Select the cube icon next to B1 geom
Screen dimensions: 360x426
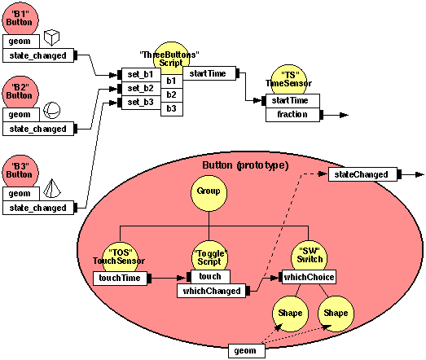51,37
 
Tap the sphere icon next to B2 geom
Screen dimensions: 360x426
51,110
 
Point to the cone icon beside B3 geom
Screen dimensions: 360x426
51,188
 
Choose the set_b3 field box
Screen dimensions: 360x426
139,103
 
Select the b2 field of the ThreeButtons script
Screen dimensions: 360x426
171,95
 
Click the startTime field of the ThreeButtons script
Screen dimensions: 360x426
208,74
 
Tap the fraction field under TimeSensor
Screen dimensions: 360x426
292,115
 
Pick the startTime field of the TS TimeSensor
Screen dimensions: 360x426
292,100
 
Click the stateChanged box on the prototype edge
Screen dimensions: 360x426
363,173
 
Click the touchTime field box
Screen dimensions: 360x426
119,279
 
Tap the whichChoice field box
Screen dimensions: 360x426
309,277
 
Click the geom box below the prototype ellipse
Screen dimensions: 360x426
245,351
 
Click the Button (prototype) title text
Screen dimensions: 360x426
245,165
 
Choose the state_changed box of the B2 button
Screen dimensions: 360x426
39,128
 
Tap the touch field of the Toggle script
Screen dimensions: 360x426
209,277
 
